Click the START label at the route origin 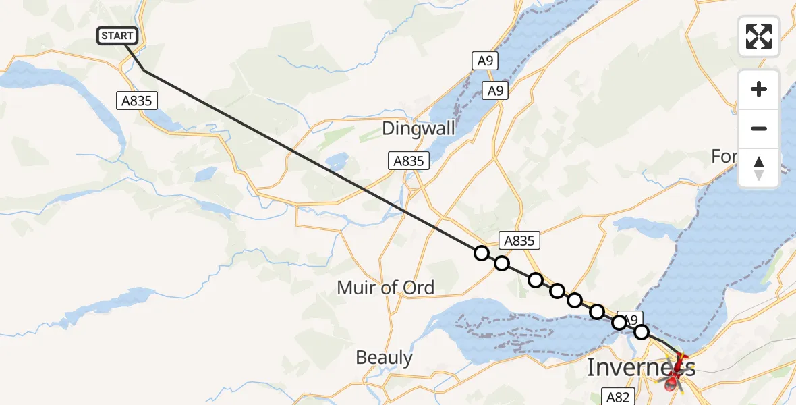pos(118,36)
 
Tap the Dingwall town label pos(418,128)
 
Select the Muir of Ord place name pos(385,288)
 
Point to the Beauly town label pos(384,357)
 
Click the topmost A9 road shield pos(484,61)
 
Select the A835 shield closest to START pos(137,101)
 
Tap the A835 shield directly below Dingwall pos(409,161)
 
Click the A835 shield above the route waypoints pos(519,240)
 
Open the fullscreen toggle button pos(759,36)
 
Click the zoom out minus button pos(759,129)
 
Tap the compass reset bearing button pos(759,168)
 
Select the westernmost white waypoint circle pos(481,253)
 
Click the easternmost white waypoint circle pos(642,332)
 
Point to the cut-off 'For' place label pos(723,157)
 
